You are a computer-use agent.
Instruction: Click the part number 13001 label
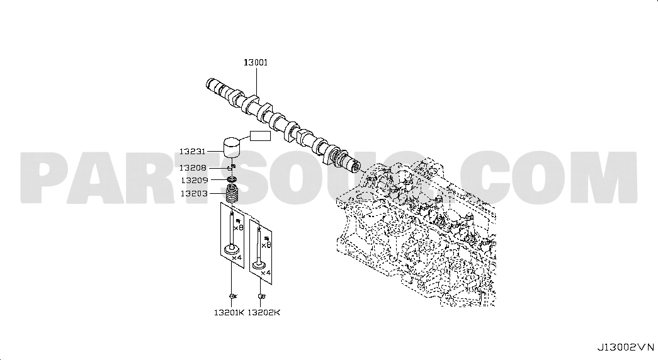(256, 62)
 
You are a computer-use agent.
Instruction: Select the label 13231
(192, 152)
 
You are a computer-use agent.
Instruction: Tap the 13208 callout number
(193, 168)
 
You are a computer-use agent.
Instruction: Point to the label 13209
(195, 181)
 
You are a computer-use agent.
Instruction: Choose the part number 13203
(195, 193)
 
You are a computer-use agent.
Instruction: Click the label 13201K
(229, 312)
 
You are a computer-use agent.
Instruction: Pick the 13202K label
(264, 312)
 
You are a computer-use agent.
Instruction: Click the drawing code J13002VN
(626, 347)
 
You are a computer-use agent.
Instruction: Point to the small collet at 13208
(231, 168)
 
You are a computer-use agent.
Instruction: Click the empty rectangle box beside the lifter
(260, 135)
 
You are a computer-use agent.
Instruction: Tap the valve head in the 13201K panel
(232, 249)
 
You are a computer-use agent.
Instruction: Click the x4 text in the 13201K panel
(237, 257)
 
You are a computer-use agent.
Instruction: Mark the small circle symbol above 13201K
(232, 296)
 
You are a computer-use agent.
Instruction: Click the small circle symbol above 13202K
(261, 296)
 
